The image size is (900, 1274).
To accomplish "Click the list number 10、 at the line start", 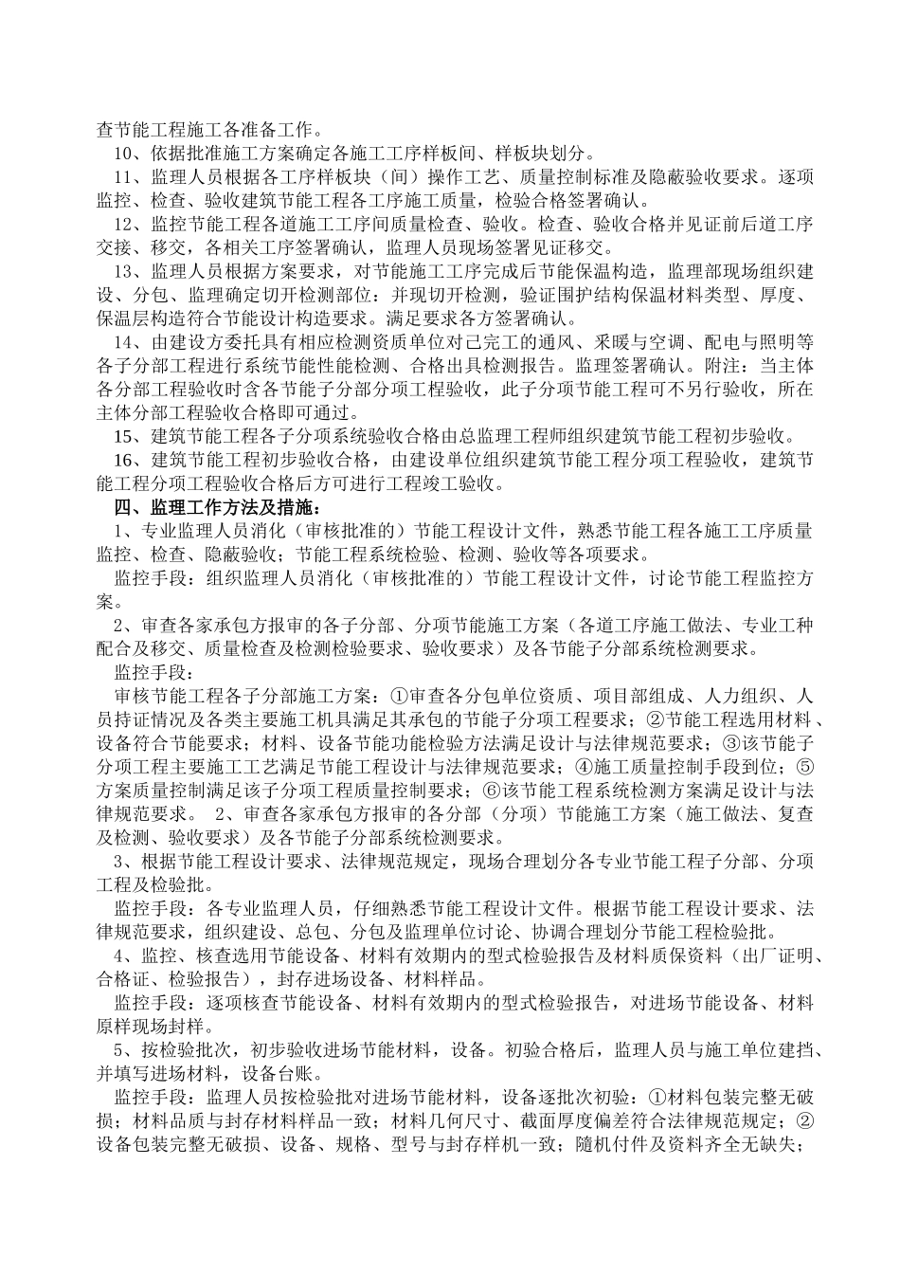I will [x=126, y=155].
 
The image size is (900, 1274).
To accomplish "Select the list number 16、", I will [x=126, y=460].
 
